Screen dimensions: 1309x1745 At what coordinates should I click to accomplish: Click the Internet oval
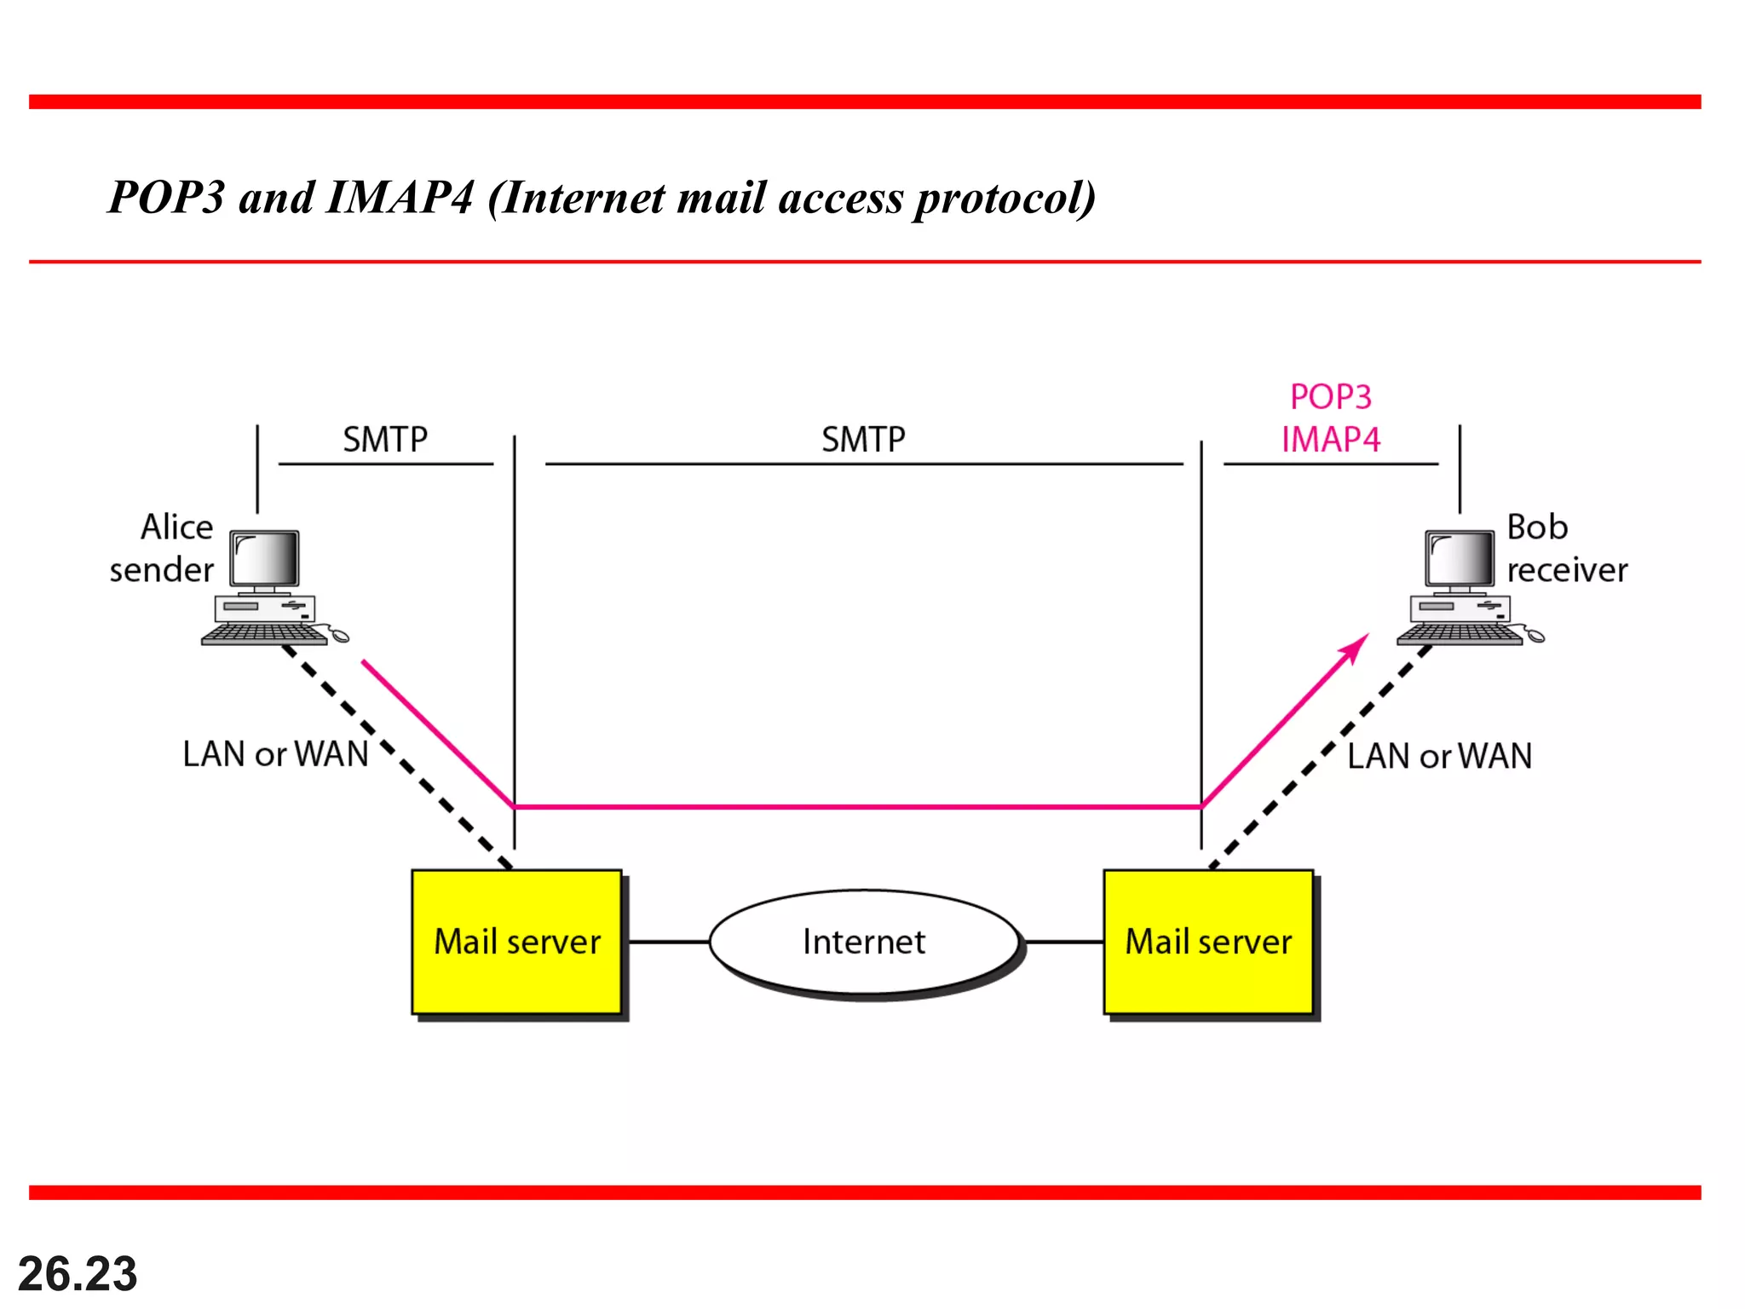click(x=864, y=942)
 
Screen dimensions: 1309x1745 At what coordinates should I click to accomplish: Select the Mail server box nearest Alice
click(x=517, y=942)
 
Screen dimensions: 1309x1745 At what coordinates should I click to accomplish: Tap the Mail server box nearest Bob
click(x=1208, y=942)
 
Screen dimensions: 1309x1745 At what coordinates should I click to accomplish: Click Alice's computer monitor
click(x=265, y=559)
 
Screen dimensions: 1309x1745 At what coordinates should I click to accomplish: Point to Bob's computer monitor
click(x=1460, y=559)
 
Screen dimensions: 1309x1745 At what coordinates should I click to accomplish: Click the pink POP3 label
click(x=1331, y=397)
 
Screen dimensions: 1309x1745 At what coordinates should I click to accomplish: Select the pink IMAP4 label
click(x=1331, y=440)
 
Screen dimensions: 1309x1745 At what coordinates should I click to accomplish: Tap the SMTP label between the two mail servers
click(x=863, y=440)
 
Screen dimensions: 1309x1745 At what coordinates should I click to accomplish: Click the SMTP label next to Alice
click(x=385, y=440)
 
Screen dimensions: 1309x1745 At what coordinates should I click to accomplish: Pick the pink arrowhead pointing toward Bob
click(x=1356, y=648)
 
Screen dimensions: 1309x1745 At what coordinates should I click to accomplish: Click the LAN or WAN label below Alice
click(x=275, y=754)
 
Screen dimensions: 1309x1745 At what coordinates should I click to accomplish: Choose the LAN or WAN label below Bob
click(x=1440, y=756)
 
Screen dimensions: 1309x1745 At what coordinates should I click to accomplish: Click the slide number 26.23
click(x=78, y=1274)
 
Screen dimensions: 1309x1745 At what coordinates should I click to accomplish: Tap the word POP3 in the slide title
click(x=167, y=198)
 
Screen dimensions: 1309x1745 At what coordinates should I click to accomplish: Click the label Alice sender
click(x=162, y=548)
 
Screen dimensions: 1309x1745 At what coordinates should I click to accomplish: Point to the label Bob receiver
click(x=1566, y=548)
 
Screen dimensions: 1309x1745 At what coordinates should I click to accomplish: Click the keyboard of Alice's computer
click(x=264, y=633)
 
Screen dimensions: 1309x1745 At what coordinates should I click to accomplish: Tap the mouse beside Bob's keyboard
click(x=1535, y=635)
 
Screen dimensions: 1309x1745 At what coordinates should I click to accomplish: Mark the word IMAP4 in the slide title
click(x=399, y=198)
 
